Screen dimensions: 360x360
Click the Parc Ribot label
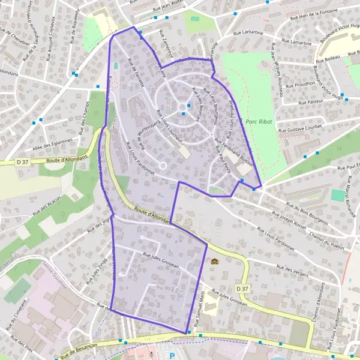259,122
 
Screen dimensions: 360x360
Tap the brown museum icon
214,262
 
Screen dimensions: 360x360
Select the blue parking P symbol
173,356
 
